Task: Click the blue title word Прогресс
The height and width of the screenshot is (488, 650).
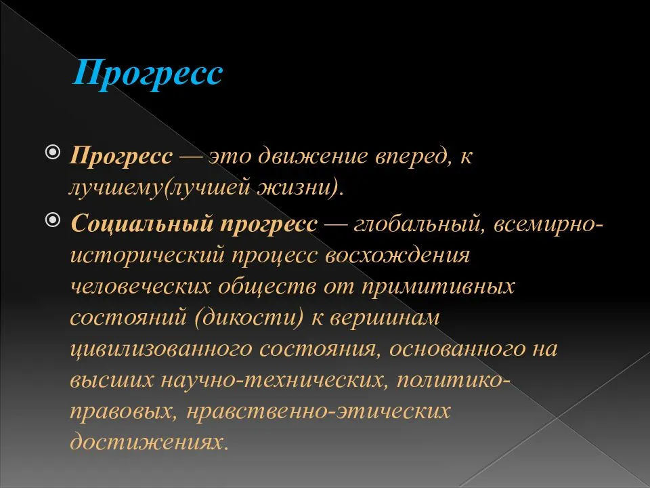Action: pyautogui.click(x=148, y=73)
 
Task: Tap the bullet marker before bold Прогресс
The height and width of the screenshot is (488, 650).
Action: pyautogui.click(x=53, y=152)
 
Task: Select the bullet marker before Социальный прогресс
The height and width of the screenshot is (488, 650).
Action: pyautogui.click(x=53, y=220)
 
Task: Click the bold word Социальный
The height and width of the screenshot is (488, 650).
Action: pyautogui.click(x=142, y=224)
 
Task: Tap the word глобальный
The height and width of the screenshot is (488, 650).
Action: pyautogui.click(x=419, y=224)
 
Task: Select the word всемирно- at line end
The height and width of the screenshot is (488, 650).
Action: pyautogui.click(x=548, y=225)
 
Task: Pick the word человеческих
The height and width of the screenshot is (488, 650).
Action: pyautogui.click(x=141, y=287)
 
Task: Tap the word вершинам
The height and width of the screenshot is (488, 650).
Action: pyautogui.click(x=385, y=319)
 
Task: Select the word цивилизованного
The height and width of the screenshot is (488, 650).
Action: pyautogui.click(x=161, y=350)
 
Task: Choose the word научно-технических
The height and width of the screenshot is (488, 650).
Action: pyautogui.click(x=275, y=380)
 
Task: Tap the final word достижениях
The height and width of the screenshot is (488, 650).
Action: pyautogui.click(x=150, y=442)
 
